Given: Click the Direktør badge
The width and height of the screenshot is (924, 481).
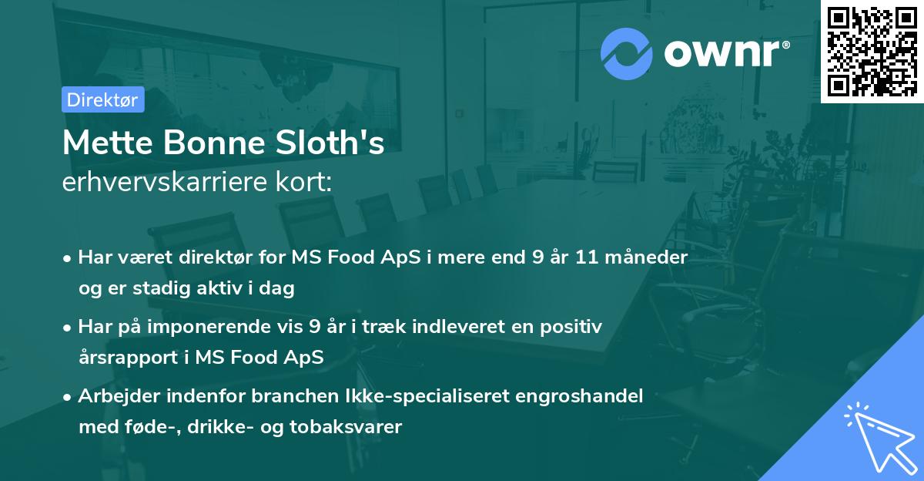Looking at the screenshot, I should point(102,99).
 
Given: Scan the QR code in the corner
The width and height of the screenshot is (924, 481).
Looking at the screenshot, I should point(872,51).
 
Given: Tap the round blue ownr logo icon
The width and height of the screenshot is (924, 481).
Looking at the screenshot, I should point(627,53).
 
